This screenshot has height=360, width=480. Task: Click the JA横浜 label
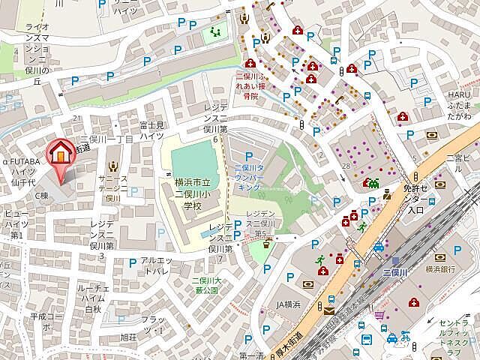click(288, 304)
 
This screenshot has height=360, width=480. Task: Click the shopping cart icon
click(381, 315)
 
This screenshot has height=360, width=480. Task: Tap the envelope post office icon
click(329, 308)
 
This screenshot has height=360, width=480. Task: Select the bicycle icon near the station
click(405, 337)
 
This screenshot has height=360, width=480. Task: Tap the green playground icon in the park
click(216, 32)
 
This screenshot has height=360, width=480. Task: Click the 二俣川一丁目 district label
click(106, 140)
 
